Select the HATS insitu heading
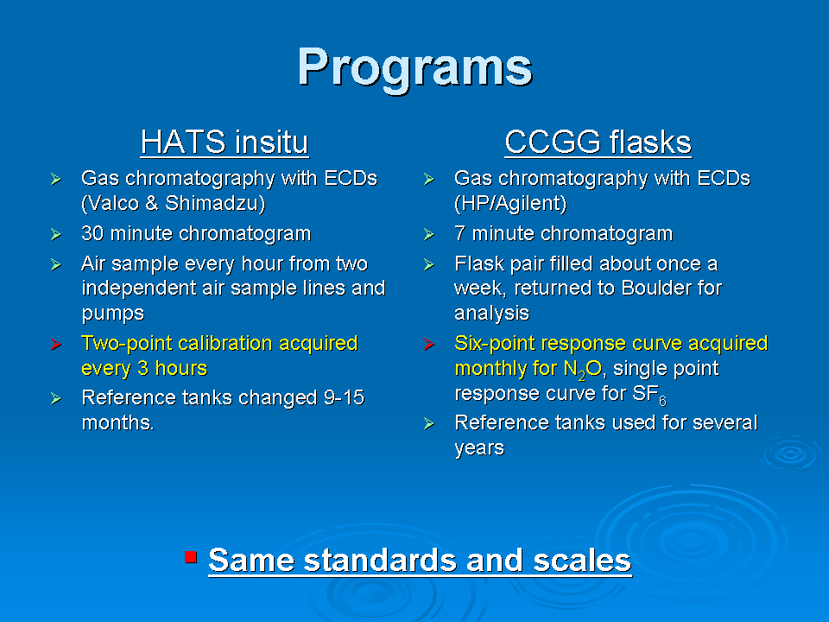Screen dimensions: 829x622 pyautogui.click(x=225, y=142)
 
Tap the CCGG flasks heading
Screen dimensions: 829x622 pyautogui.click(x=598, y=142)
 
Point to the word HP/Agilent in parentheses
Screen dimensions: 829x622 pyautogui.click(x=510, y=204)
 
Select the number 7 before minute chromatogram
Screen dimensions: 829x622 pyautogui.click(x=459, y=233)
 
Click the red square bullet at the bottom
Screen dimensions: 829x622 pyautogui.click(x=191, y=557)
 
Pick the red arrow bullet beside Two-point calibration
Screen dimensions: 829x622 pyautogui.click(x=56, y=345)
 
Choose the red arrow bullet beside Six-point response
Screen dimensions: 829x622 pyautogui.click(x=429, y=345)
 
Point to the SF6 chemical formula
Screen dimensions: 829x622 pyautogui.click(x=649, y=395)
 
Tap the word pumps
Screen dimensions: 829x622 pyautogui.click(x=112, y=314)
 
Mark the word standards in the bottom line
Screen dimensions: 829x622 pyautogui.click(x=380, y=560)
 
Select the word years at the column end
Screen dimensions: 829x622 pyautogui.click(x=479, y=448)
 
